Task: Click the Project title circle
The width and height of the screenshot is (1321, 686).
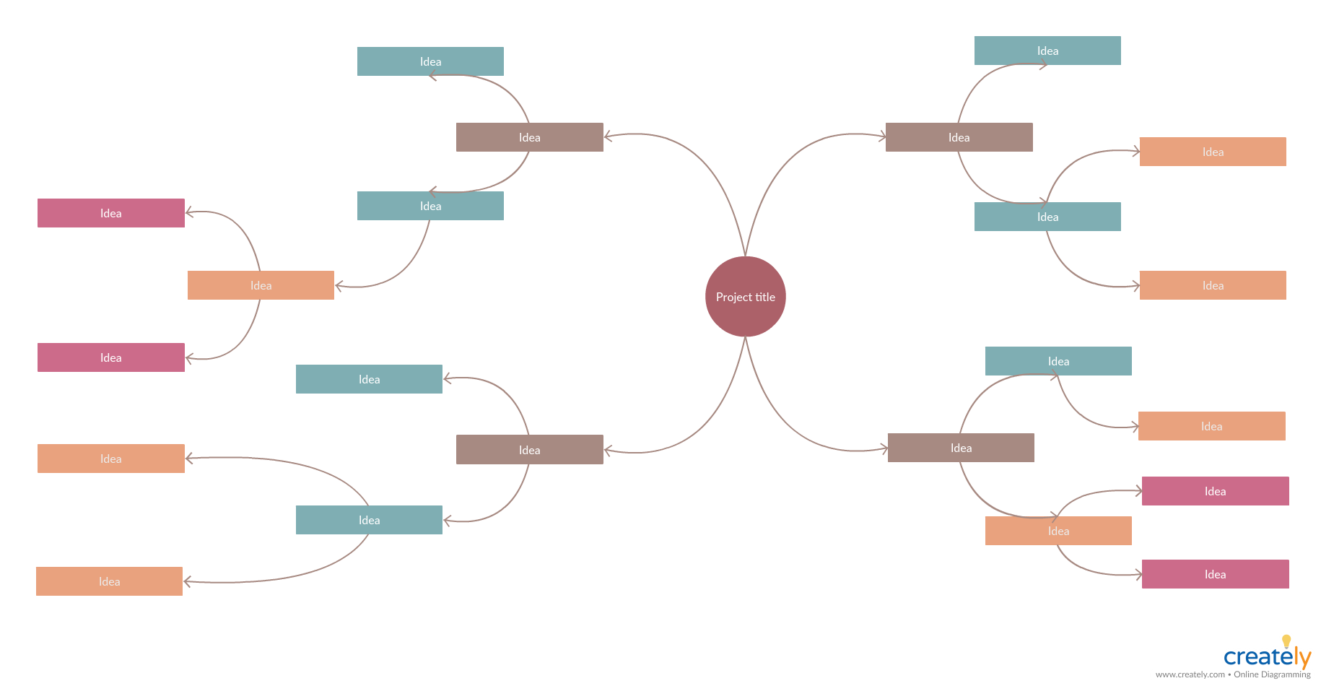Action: [745, 297]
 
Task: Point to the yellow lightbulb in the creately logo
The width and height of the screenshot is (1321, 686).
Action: [1286, 641]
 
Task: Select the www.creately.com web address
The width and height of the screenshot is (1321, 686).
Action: [1190, 674]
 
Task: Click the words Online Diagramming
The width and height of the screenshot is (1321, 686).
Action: [1272, 674]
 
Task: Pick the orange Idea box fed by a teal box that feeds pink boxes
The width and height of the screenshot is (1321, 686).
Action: [261, 285]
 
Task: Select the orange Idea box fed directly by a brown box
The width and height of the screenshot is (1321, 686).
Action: [1058, 531]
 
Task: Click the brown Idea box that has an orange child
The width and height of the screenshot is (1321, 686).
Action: [961, 448]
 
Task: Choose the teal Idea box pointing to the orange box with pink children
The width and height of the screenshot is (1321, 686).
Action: [430, 206]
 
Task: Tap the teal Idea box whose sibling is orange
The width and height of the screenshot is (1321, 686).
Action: [1058, 361]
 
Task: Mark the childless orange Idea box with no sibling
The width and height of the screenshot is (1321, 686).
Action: [1211, 426]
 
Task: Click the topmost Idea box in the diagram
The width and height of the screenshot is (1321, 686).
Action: [1047, 51]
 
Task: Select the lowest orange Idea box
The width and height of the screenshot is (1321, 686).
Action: [109, 581]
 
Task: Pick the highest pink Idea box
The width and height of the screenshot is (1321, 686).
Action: [110, 213]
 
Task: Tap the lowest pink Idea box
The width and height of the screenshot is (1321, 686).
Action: [1215, 574]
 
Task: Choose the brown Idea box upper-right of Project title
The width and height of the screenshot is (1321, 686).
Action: [959, 137]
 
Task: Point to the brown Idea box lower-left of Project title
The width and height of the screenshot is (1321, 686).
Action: [529, 449]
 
